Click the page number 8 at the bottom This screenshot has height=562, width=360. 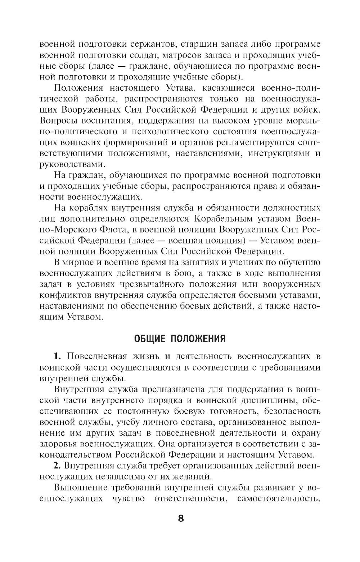(180, 518)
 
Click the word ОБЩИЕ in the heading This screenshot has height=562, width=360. (149, 339)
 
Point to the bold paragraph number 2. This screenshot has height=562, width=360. (57, 465)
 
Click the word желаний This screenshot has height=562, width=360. (190, 476)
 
